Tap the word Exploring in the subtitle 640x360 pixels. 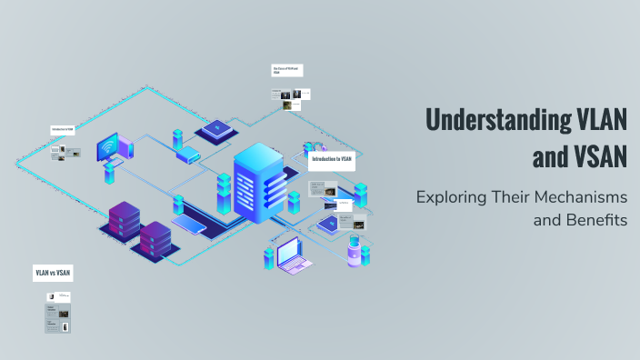click(455, 197)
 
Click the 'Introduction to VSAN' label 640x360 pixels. click(332, 159)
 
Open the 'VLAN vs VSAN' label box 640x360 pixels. click(53, 272)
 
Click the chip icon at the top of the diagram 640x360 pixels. click(215, 129)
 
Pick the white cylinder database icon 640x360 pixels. click(353, 255)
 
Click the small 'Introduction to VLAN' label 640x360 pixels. click(63, 129)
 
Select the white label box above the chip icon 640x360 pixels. click(287, 69)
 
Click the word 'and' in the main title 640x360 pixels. click(550, 157)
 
